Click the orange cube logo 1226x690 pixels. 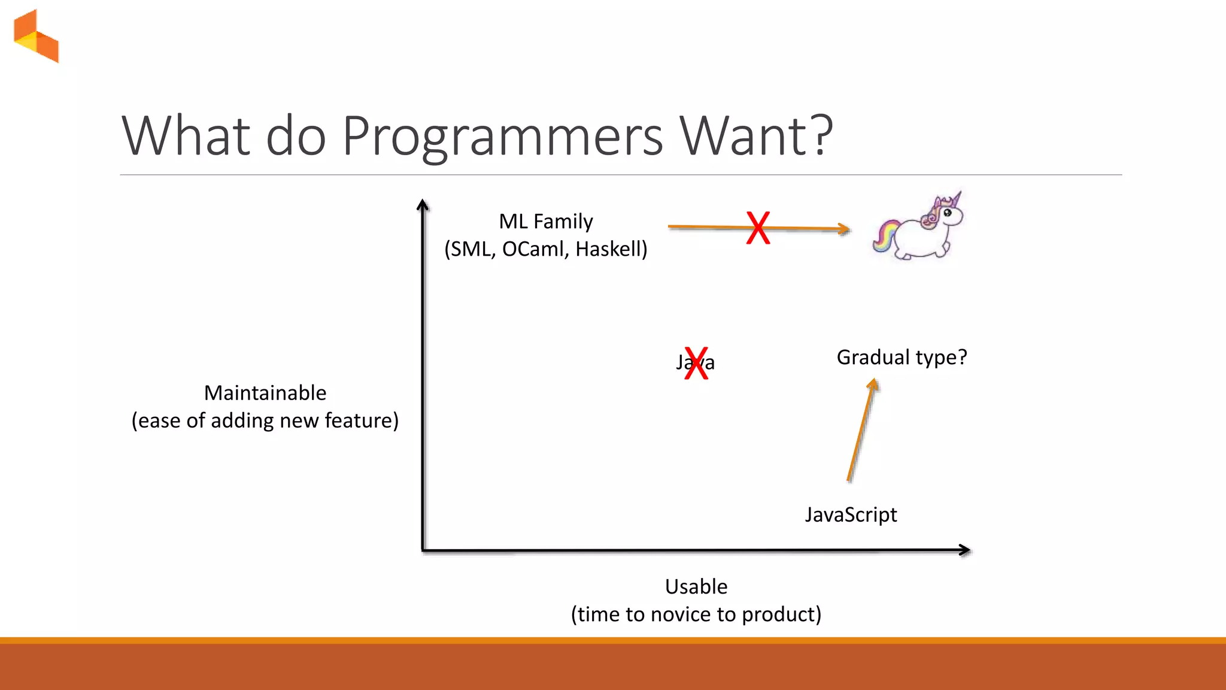tap(37, 37)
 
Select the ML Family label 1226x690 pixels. tap(545, 222)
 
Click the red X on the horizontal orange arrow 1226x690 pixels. tap(758, 228)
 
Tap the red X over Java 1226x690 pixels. tap(696, 363)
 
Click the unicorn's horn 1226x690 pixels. tap(957, 198)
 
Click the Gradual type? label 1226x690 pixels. tap(902, 358)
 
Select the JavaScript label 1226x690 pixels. tap(851, 515)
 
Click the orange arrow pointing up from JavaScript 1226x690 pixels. tap(861, 431)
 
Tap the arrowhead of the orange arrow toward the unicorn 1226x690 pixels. tap(844, 229)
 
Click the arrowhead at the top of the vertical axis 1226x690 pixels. tap(423, 205)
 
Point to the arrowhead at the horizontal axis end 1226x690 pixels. tap(964, 550)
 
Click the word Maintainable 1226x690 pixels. tap(265, 394)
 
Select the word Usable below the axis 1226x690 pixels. tap(696, 587)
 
